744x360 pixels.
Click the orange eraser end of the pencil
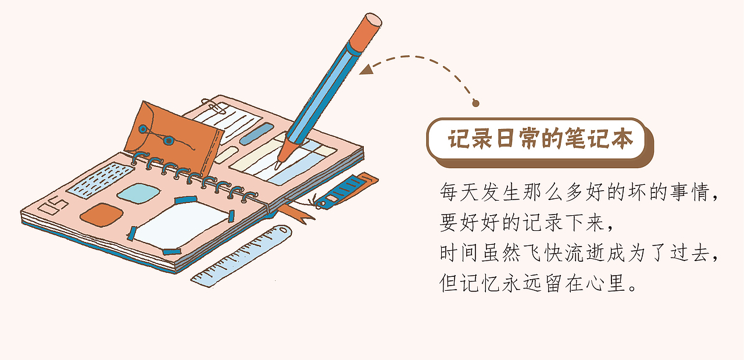coord(366,32)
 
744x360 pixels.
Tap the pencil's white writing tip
coord(278,165)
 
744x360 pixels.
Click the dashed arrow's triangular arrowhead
coord(366,69)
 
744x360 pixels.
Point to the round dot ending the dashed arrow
coord(475,104)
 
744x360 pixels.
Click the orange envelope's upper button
coord(143,129)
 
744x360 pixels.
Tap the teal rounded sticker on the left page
coord(138,194)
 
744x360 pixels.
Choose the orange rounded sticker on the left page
coord(101,215)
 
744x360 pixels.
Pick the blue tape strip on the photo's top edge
coord(186,200)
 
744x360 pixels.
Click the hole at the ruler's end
coord(283,230)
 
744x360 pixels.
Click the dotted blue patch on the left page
coord(100,180)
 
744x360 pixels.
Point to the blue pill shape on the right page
coord(256,134)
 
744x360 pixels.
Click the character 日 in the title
coord(506,138)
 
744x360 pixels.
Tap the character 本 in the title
coord(622,138)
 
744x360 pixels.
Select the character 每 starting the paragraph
coord(449,192)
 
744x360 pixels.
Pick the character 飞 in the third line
coord(532,253)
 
